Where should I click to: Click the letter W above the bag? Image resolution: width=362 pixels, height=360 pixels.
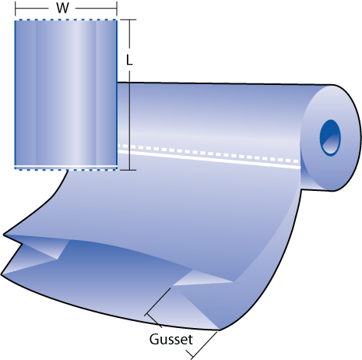pyautogui.click(x=62, y=8)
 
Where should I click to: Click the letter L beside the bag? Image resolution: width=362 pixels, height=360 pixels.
pyautogui.click(x=129, y=60)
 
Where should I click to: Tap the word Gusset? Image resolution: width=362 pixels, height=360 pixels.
pyautogui.click(x=171, y=339)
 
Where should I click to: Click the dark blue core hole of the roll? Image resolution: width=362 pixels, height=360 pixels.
pyautogui.click(x=330, y=137)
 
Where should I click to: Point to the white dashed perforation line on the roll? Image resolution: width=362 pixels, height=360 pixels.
pyautogui.click(x=209, y=154)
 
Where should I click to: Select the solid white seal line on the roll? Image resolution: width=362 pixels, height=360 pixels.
pyautogui.click(x=209, y=159)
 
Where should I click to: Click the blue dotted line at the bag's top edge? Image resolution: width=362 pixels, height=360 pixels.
pyautogui.click(x=66, y=19)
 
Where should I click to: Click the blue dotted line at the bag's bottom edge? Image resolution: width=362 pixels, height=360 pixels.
pyautogui.click(x=66, y=168)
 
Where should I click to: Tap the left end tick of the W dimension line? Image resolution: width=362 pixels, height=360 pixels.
pyautogui.click(x=16, y=9)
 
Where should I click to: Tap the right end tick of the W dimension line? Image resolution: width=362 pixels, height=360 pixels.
pyautogui.click(x=117, y=9)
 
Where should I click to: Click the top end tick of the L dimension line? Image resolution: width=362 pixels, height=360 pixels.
pyautogui.click(x=129, y=19)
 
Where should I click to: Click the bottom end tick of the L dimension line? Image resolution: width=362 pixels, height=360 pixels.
pyautogui.click(x=129, y=170)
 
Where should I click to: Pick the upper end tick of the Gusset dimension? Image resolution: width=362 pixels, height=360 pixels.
pyautogui.click(x=153, y=319)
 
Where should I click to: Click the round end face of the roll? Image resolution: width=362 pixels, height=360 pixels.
pyautogui.click(x=331, y=138)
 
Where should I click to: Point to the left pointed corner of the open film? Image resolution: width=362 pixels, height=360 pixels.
pyautogui.click(x=4, y=235)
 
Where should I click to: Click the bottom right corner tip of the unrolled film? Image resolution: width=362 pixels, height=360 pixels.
pyautogui.click(x=220, y=330)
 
